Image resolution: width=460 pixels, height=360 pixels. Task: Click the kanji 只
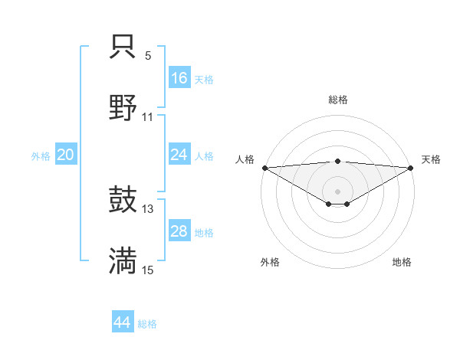[123, 48]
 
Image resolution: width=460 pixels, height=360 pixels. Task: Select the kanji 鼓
[123, 200]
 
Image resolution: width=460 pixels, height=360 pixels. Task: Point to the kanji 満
[123, 261]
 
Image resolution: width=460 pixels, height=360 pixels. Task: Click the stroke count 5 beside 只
[148, 56]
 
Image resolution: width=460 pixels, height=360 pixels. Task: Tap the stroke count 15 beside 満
[148, 270]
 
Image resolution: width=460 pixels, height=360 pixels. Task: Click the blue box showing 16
[179, 77]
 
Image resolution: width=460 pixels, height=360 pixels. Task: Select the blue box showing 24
[179, 155]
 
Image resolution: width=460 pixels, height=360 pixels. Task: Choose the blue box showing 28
[179, 231]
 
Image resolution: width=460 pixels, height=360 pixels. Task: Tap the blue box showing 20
[66, 155]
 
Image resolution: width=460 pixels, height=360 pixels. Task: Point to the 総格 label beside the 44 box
[147, 324]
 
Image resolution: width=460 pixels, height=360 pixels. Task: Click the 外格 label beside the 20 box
[41, 155]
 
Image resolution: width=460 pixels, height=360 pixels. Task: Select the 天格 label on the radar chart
[432, 159]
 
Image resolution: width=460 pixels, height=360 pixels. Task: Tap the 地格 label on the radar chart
[402, 262]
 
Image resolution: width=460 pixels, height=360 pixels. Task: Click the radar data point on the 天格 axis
[411, 168]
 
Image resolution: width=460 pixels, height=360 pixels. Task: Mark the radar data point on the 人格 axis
[264, 168]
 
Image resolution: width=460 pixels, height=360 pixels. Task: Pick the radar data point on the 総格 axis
[337, 161]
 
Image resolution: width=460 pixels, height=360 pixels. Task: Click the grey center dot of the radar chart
[337, 191]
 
